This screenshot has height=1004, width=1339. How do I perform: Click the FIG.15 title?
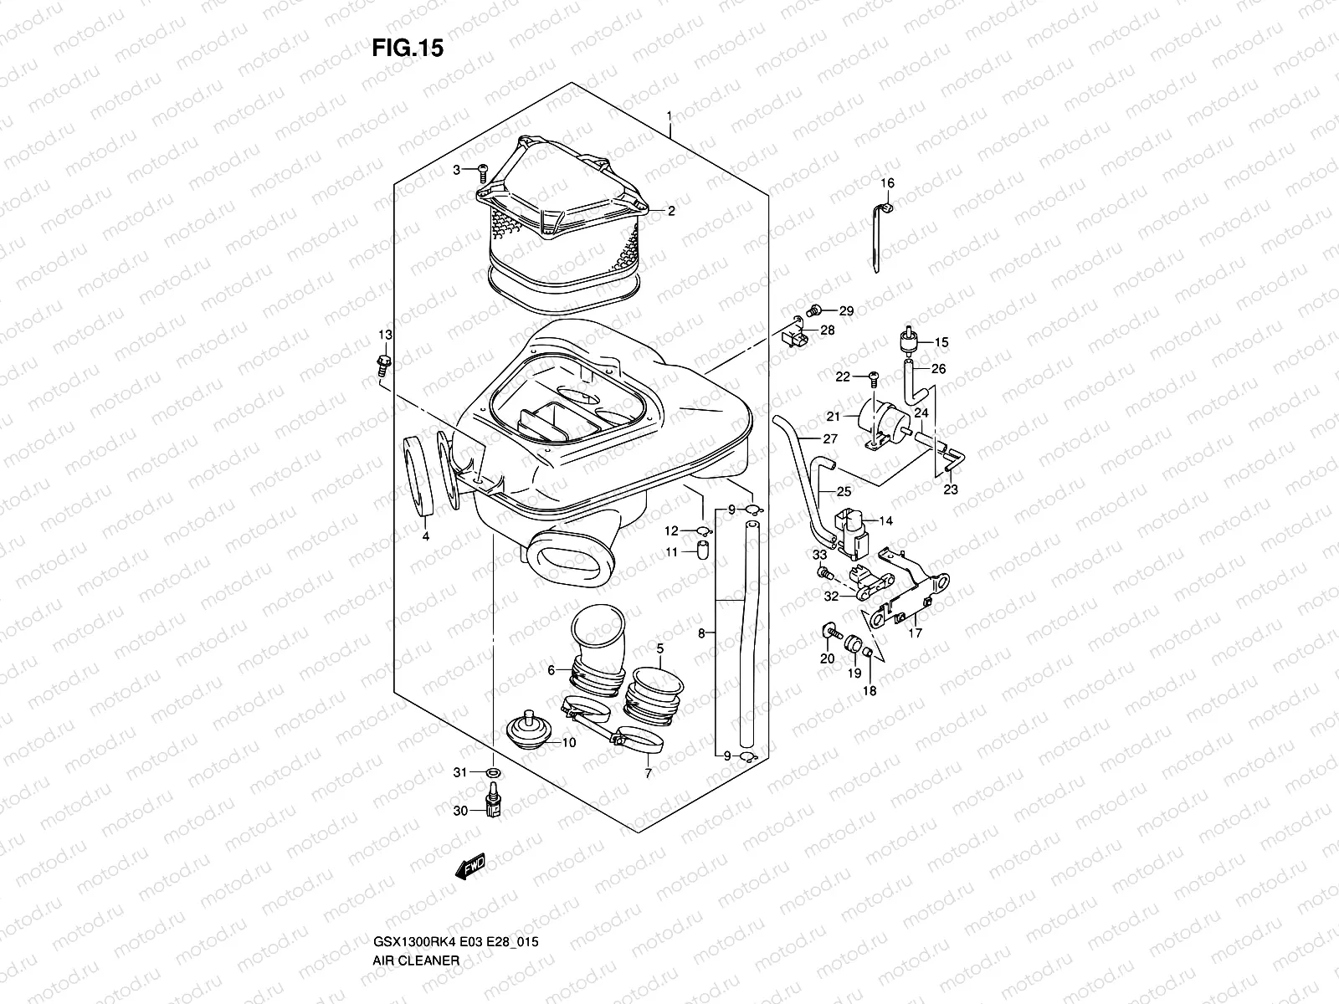pyautogui.click(x=408, y=49)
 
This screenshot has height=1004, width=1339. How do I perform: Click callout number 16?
pyautogui.click(x=887, y=183)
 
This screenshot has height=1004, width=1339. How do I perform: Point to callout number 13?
pyautogui.click(x=384, y=336)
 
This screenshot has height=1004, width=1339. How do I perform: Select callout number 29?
pyautogui.click(x=846, y=311)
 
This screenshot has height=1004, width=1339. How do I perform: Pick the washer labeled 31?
pyautogui.click(x=494, y=771)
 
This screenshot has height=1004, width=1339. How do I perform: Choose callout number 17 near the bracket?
pyautogui.click(x=915, y=633)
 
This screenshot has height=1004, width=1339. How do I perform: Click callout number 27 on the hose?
pyautogui.click(x=829, y=439)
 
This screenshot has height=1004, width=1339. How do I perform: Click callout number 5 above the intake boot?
pyautogui.click(x=659, y=648)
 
